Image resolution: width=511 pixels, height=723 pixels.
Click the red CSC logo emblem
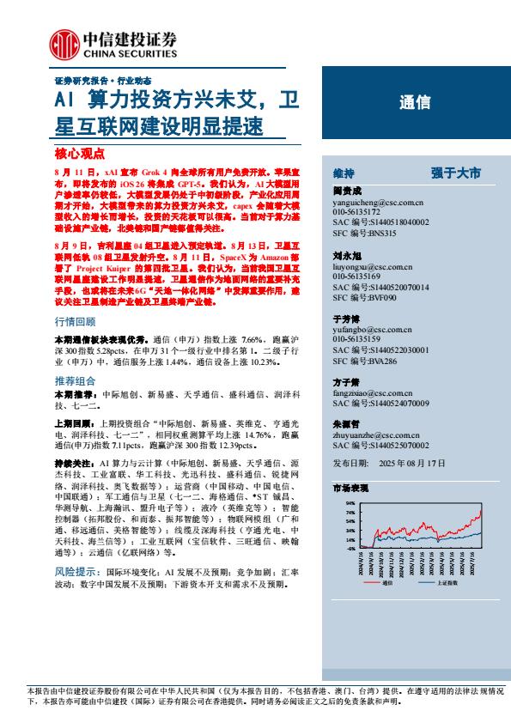pos(65,44)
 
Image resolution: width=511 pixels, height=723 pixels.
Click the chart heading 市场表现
pos(350,487)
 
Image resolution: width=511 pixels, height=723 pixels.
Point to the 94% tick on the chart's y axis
pos(350,503)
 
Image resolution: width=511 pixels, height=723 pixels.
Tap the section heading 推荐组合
pos(75,380)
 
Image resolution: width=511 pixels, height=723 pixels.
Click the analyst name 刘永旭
pos(346,256)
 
